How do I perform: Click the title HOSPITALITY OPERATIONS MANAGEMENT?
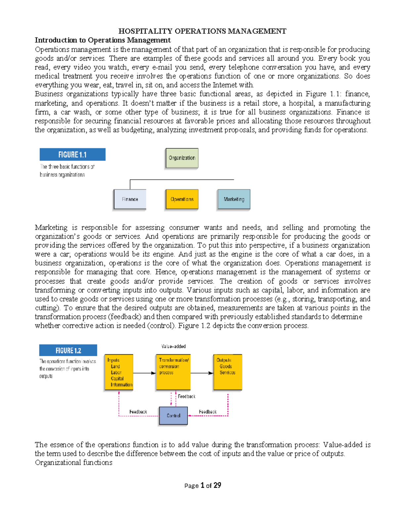[x=202, y=31]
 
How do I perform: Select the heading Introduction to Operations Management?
[x=103, y=40]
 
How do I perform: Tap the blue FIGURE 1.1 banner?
[x=72, y=155]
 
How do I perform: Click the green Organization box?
[x=182, y=158]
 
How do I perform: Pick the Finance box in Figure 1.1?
[x=130, y=199]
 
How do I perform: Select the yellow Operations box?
[x=182, y=199]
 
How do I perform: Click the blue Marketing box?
[x=234, y=199]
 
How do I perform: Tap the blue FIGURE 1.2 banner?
[x=68, y=350]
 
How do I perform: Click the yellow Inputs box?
[x=119, y=372]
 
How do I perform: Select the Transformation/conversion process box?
[x=173, y=372]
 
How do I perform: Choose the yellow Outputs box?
[x=228, y=372]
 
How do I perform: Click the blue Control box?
[x=173, y=415]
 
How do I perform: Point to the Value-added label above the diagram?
[x=173, y=346]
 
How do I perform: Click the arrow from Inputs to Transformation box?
[x=144, y=373]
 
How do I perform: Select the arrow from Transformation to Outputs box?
[x=202, y=373]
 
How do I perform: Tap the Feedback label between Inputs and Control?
[x=138, y=412]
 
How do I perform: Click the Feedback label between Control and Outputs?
[x=207, y=412]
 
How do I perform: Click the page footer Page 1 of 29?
[x=202, y=486]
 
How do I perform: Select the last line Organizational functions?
[x=73, y=462]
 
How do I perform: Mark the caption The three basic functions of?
[x=67, y=167]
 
